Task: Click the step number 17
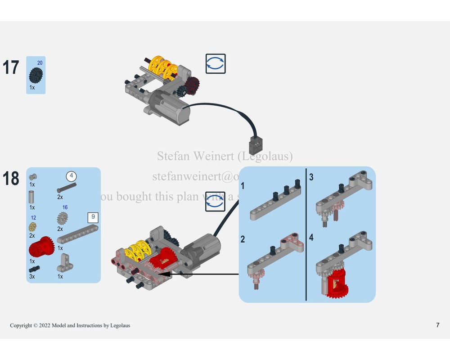point(11,67)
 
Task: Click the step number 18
point(11,179)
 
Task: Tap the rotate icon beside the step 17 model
point(216,64)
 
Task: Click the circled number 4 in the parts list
point(71,176)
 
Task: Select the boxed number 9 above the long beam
point(93,216)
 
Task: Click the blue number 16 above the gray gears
point(65,207)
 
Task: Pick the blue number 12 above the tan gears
point(33,218)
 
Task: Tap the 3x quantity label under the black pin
point(32,277)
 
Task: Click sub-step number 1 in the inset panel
point(243,185)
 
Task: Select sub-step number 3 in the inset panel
point(311,177)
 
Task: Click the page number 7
point(437,325)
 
